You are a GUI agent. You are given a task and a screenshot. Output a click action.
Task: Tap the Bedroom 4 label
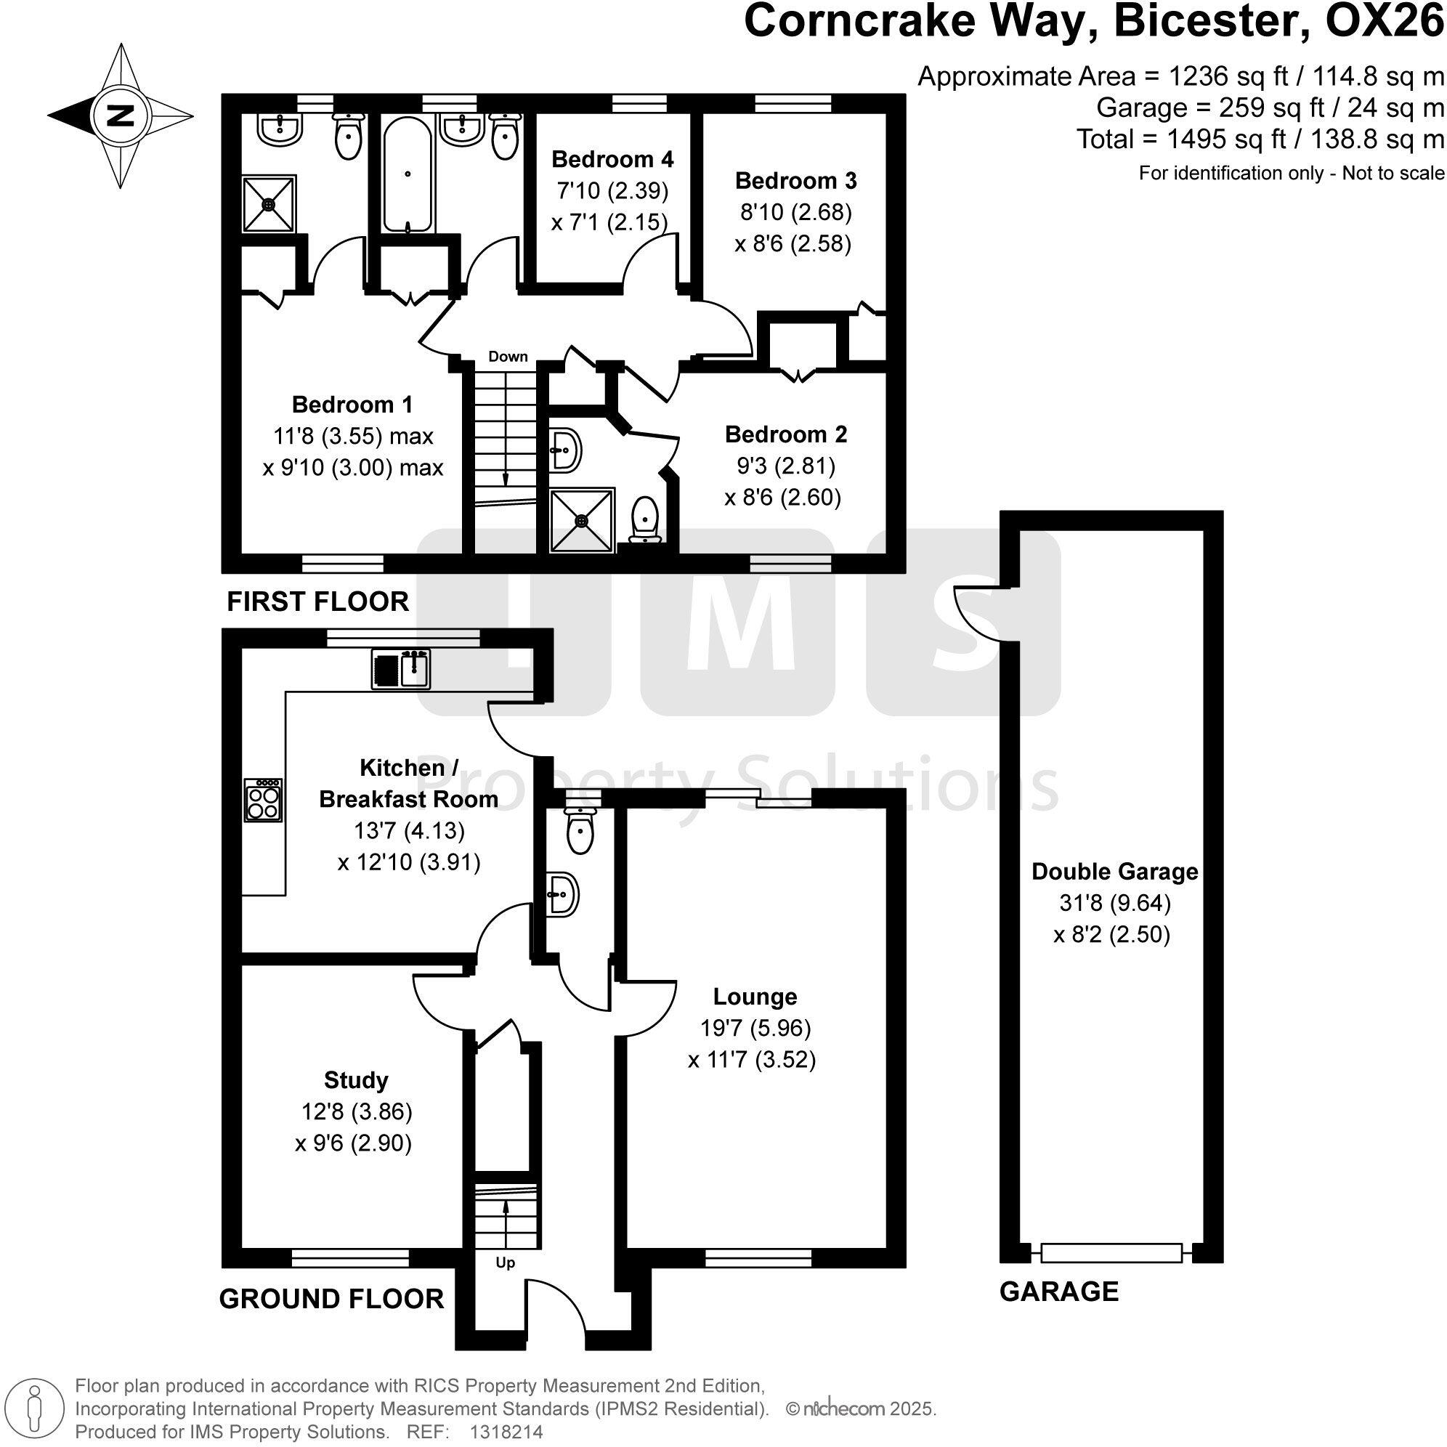point(612,159)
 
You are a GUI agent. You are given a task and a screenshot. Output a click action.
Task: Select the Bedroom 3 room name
point(795,180)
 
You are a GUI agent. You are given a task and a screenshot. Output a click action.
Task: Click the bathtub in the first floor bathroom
point(408,176)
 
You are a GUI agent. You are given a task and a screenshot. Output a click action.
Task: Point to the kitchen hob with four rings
point(264,800)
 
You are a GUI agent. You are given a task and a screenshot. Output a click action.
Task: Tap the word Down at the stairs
point(508,357)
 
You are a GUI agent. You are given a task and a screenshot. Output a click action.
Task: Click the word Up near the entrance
point(506,1263)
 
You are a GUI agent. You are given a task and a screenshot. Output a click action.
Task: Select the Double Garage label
point(1114,871)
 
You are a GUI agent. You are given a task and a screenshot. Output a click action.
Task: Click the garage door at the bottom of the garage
point(1111,1252)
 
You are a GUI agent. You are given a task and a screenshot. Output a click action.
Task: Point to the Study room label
point(356,1080)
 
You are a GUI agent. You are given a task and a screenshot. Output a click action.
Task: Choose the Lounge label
point(754,996)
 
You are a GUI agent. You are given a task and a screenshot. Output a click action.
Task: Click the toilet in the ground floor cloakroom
point(580,830)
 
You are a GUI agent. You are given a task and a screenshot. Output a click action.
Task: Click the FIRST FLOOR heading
point(317,601)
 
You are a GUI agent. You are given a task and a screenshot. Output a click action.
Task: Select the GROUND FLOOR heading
point(331,1299)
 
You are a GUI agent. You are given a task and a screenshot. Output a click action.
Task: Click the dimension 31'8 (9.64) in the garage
point(1114,902)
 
